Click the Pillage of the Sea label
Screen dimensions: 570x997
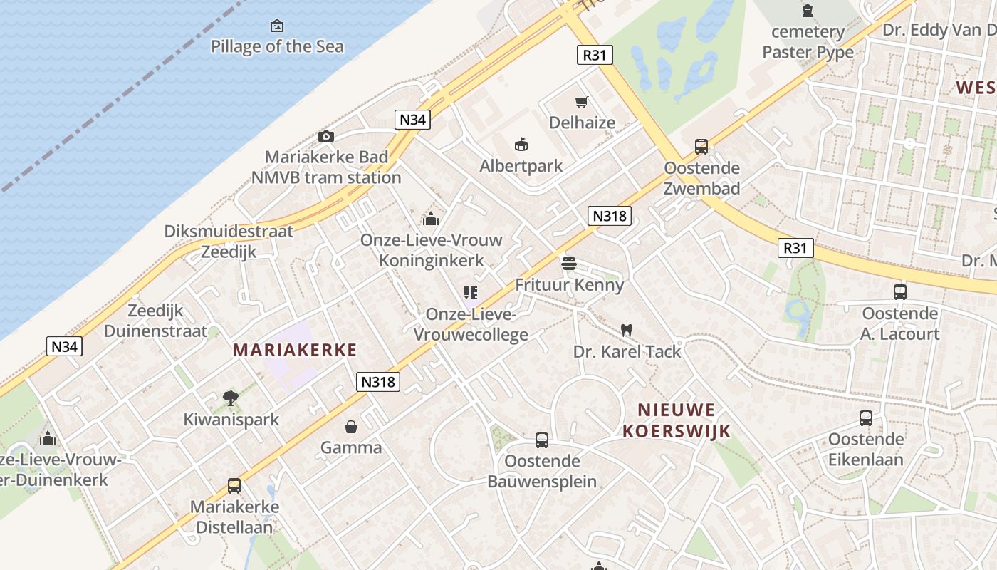277,47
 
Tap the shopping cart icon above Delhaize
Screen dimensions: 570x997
582,102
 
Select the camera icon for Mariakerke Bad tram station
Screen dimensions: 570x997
326,136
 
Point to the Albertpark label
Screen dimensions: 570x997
521,166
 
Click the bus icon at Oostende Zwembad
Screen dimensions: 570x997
701,147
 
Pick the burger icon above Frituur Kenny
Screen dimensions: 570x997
568,264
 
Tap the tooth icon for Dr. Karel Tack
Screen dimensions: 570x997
627,330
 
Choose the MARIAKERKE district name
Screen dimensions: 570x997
295,350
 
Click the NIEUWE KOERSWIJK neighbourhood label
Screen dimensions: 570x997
677,420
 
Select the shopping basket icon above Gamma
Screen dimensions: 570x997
351,427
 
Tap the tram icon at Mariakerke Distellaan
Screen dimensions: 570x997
234,486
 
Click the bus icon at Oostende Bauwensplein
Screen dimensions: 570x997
542,440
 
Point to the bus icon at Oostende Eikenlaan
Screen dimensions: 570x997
866,418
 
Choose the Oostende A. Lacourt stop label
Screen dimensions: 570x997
900,323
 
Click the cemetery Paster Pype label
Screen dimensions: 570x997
808,42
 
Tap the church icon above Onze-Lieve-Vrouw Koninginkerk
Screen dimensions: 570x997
431,219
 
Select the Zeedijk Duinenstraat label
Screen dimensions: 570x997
155,321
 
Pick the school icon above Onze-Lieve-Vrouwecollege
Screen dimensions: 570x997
470,292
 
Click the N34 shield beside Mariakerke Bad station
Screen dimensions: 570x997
412,120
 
